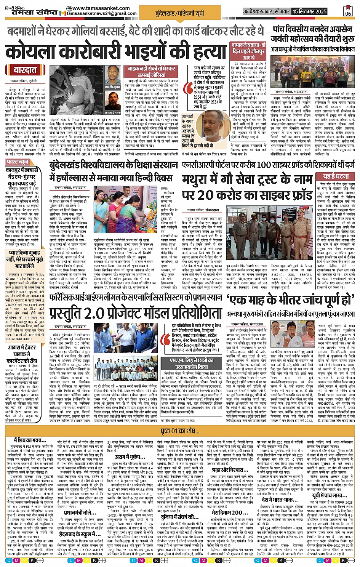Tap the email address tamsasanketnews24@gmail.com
[101, 14]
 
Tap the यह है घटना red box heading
[336, 176]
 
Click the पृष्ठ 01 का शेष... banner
[180, 431]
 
